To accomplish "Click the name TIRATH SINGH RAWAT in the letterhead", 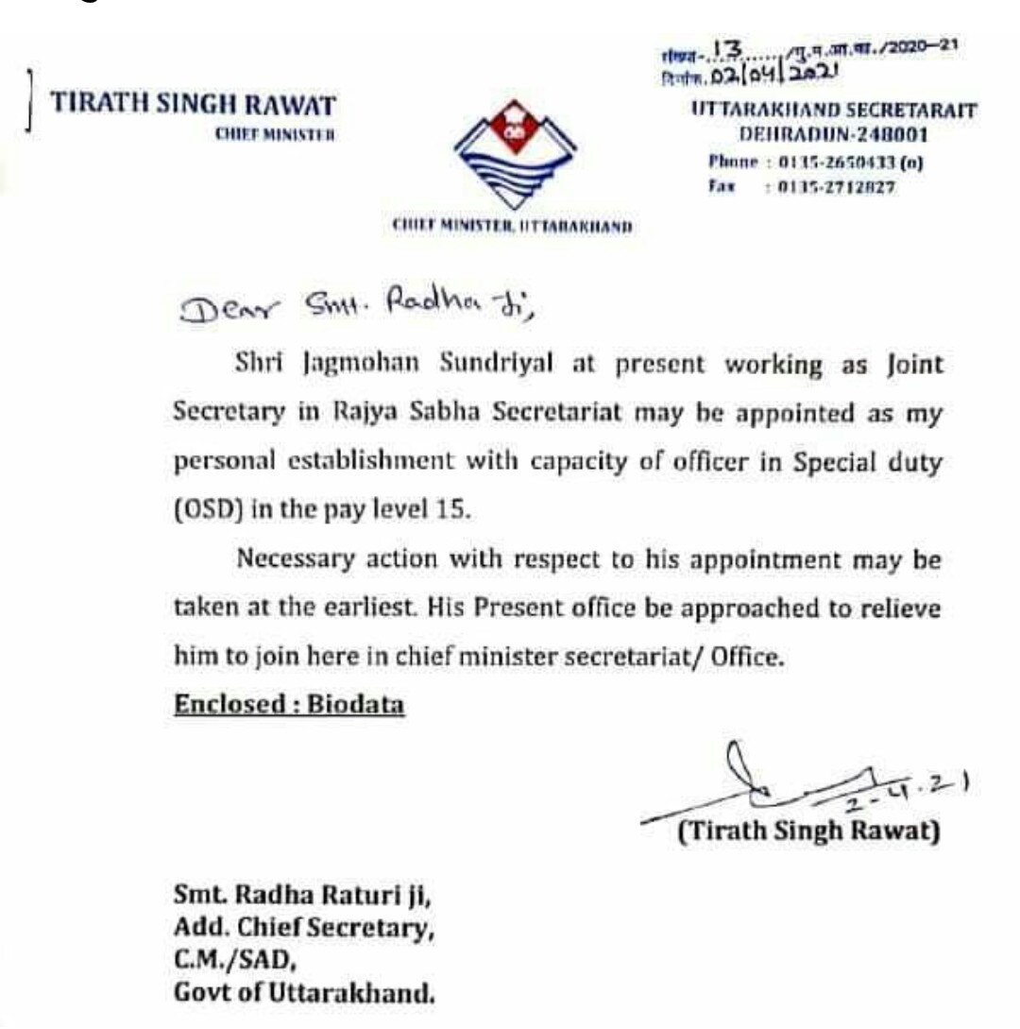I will (194, 103).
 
